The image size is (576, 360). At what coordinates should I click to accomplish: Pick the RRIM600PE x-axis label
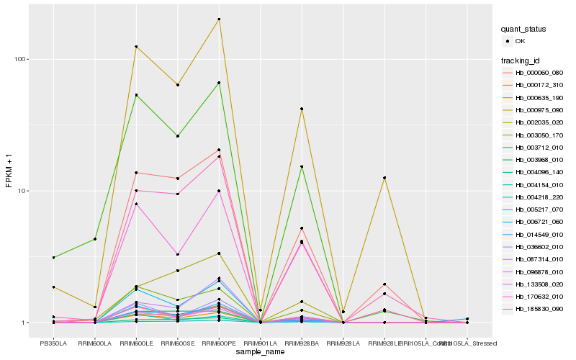pyautogui.click(x=220, y=343)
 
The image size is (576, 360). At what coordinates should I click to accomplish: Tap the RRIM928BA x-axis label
pyautogui.click(x=302, y=343)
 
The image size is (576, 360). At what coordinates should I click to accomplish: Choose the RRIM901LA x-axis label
pyautogui.click(x=261, y=343)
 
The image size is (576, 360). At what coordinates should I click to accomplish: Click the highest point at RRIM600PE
pyautogui.click(x=220, y=19)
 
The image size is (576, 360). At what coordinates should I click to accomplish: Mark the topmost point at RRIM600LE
pyautogui.click(x=136, y=47)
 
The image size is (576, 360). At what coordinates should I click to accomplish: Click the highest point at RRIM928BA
pyautogui.click(x=302, y=109)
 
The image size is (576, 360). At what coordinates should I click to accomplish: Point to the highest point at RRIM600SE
pyautogui.click(x=178, y=85)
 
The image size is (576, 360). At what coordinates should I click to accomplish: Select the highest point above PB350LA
pyautogui.click(x=53, y=257)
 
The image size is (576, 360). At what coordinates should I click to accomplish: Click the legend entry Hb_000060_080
pyautogui.click(x=539, y=73)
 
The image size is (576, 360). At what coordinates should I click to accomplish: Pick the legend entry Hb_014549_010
pyautogui.click(x=539, y=235)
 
